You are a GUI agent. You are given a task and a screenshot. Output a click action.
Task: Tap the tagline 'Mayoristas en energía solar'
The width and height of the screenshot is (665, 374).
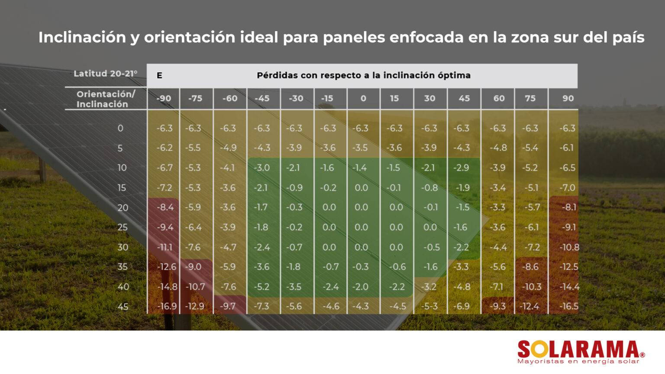coord(578,361)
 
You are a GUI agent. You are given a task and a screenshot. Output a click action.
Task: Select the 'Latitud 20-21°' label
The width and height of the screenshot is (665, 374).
coord(105,74)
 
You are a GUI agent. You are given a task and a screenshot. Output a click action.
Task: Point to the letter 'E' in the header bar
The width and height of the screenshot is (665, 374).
coord(159,76)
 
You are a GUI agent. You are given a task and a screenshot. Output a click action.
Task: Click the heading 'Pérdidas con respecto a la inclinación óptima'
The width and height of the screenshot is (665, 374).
coord(363,75)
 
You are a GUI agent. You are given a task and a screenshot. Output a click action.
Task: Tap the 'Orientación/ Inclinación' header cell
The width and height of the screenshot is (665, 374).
coord(105,99)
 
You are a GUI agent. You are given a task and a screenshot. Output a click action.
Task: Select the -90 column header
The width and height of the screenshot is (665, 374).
coord(164,99)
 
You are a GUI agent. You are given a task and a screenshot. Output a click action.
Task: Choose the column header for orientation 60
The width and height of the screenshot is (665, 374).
coord(499,99)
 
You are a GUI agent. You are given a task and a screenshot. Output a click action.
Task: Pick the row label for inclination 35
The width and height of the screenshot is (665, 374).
coord(123,267)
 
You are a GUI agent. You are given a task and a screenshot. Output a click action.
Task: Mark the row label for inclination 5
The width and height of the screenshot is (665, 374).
coord(120,148)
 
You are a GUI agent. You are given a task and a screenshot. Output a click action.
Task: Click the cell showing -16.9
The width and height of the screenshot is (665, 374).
coord(167,306)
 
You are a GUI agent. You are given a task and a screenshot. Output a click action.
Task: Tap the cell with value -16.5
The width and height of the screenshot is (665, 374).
coord(568,306)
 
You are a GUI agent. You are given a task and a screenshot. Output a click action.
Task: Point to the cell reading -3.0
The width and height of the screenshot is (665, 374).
coord(261,168)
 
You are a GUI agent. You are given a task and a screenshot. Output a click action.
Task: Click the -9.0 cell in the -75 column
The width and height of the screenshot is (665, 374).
coord(193,267)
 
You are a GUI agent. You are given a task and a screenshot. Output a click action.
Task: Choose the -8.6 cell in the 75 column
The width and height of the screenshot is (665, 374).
coord(530,267)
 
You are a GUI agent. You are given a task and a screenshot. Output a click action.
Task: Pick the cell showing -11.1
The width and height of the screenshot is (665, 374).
coord(165,247)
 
